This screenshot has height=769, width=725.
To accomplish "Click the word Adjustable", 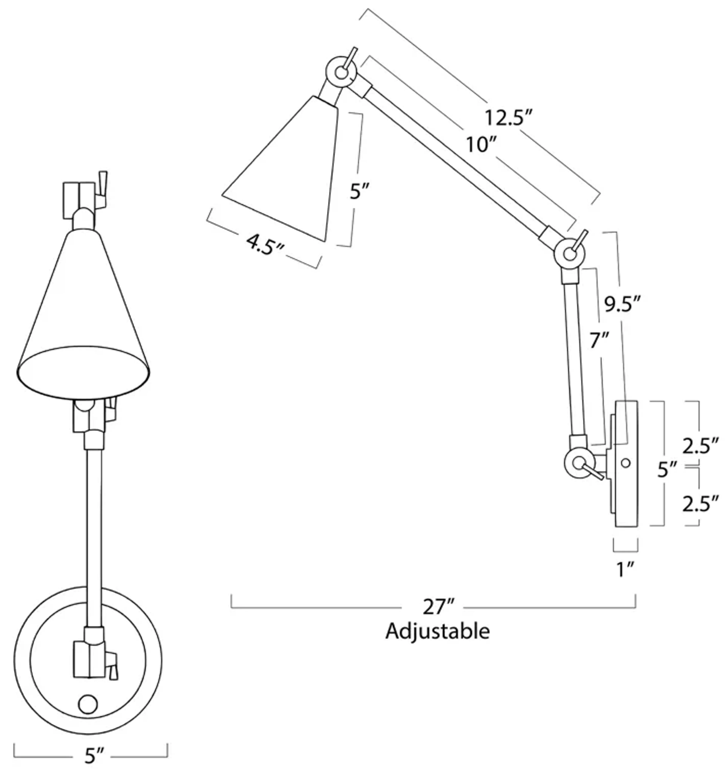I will tap(437, 631).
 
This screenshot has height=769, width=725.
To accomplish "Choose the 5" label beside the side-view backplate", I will tap(667, 470).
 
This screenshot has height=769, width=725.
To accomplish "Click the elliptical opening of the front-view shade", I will tap(83, 372).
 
